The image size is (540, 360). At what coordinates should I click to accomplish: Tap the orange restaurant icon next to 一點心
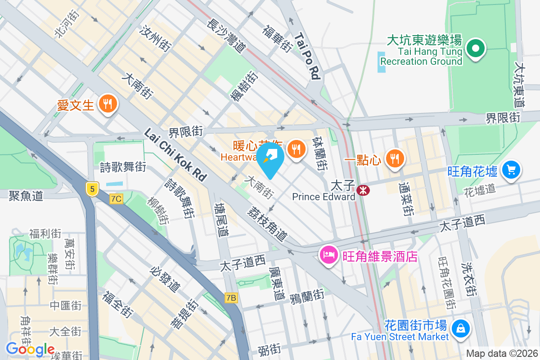coord(395,158)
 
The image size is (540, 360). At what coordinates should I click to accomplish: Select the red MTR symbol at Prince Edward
coord(363,191)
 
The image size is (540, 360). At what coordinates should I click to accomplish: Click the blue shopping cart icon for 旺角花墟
coord(511,170)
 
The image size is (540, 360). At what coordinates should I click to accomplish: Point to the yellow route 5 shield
coord(92,189)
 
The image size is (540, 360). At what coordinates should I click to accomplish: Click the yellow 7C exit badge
coord(116,198)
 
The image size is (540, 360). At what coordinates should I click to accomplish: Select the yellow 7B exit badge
coord(231,297)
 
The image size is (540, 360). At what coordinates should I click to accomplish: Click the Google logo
coord(30,349)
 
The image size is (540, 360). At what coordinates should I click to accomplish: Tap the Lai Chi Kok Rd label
coord(175,155)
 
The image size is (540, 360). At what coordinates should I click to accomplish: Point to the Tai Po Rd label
coord(308,56)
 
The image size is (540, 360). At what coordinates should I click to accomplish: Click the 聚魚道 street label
coord(26,195)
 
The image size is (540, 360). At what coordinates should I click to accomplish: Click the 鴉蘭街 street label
coord(307,296)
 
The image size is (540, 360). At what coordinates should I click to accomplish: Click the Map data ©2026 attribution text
coord(501,353)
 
